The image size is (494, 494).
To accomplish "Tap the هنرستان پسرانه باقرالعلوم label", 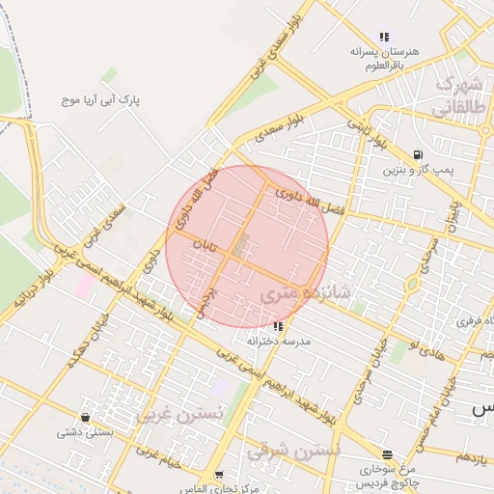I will (x=383, y=58).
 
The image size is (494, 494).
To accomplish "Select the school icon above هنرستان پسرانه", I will (x=384, y=37).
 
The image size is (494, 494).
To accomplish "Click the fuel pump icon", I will (x=417, y=154).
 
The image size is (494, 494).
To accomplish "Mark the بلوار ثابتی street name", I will (x=367, y=134).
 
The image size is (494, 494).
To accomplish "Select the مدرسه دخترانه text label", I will (x=278, y=341).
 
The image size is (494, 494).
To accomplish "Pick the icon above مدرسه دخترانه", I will (x=278, y=326).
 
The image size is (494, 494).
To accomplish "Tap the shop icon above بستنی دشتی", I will (x=87, y=417).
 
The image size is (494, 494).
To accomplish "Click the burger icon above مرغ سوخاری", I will (x=387, y=454).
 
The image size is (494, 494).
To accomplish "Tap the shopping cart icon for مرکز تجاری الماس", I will (x=219, y=475).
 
